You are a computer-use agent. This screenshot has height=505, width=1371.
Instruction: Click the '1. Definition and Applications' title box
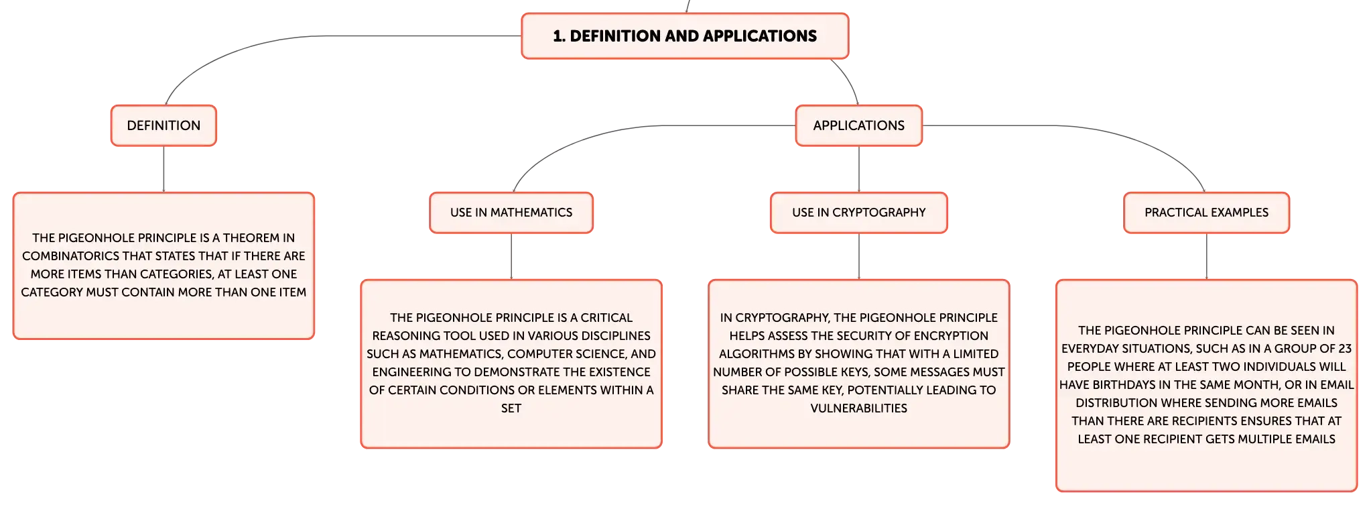pyautogui.click(x=685, y=36)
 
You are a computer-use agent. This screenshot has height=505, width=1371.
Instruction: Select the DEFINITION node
pyautogui.click(x=164, y=125)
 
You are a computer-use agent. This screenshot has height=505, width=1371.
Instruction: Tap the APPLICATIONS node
pyautogui.click(x=859, y=125)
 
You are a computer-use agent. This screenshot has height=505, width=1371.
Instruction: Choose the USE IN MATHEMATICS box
pyautogui.click(x=511, y=213)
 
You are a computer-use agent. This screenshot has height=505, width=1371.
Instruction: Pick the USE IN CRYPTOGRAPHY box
pyautogui.click(x=859, y=213)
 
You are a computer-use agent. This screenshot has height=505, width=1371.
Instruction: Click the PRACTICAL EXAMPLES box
pyautogui.click(x=1207, y=213)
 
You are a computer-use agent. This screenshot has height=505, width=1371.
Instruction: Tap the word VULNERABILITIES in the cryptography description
pyautogui.click(x=859, y=408)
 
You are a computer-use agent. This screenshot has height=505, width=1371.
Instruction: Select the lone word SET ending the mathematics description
pyautogui.click(x=511, y=408)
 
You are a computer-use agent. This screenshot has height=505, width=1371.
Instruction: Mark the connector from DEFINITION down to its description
pyautogui.click(x=164, y=169)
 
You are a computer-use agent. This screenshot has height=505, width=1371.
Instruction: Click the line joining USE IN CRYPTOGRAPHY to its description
pyautogui.click(x=859, y=256)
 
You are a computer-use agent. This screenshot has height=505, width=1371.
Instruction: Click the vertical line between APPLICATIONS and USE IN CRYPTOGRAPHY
pyautogui.click(x=859, y=169)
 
